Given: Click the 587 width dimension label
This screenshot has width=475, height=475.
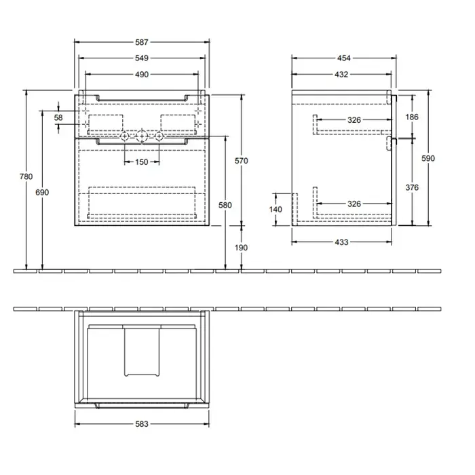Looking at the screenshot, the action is [142, 42].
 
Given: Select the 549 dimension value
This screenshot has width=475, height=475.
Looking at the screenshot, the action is [142, 58].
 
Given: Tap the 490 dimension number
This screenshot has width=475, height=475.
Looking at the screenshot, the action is [142, 74].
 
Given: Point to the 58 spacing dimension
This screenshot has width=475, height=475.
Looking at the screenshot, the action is [58, 117].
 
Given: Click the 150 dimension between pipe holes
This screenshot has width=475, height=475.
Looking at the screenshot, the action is [142, 161].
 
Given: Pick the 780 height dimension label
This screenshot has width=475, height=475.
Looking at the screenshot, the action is [26, 176].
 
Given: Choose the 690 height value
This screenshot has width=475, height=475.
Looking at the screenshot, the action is [42, 192].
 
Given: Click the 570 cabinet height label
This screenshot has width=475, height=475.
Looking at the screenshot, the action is [242, 161].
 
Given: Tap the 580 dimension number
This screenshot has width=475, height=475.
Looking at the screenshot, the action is [225, 205].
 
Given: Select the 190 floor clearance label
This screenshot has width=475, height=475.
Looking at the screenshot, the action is [242, 248].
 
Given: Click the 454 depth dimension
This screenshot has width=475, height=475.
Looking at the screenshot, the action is [344, 58].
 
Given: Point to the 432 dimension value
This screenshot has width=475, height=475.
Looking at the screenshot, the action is [341, 74].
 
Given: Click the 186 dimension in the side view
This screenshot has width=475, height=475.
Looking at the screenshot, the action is [412, 117].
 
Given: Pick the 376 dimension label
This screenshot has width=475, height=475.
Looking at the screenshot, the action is [412, 187].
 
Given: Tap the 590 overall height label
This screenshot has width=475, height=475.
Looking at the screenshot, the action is [428, 158].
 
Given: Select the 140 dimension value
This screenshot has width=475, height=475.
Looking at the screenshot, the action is [275, 209].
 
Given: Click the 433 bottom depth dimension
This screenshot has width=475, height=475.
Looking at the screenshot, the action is [341, 242].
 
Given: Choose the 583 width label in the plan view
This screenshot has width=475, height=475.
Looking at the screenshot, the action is [142, 424].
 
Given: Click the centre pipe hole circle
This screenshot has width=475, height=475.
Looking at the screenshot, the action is [142, 136].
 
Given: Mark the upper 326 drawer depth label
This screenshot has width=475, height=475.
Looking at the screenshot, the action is [354, 120].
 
